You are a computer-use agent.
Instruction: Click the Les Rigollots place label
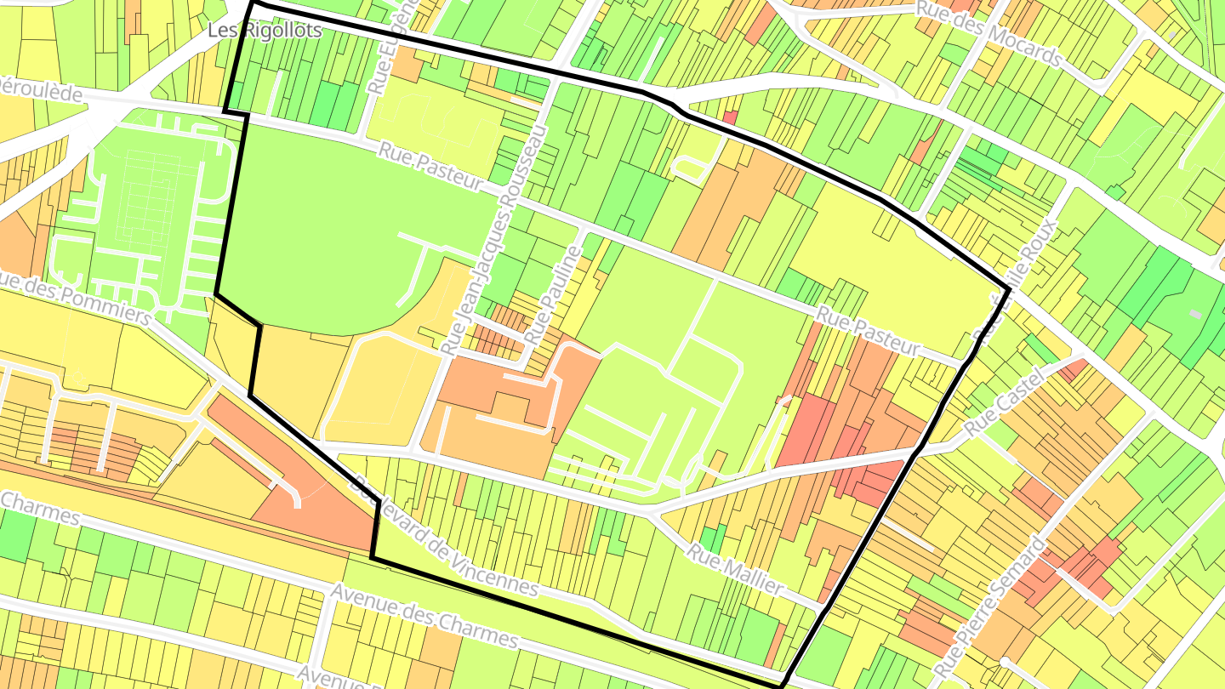[x=265, y=31]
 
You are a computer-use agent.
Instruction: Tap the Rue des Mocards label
[x=989, y=32]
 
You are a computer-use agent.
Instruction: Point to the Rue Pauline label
[x=553, y=294]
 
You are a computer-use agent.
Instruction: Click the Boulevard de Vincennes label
[x=447, y=537]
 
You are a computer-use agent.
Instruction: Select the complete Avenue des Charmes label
[x=424, y=615]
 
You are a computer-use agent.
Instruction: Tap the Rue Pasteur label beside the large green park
[x=430, y=167]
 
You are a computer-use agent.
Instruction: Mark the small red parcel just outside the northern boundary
[x=729, y=117]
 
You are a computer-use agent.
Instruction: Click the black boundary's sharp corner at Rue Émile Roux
[x=1010, y=290]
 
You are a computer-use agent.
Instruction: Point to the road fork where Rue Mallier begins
[x=651, y=513]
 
